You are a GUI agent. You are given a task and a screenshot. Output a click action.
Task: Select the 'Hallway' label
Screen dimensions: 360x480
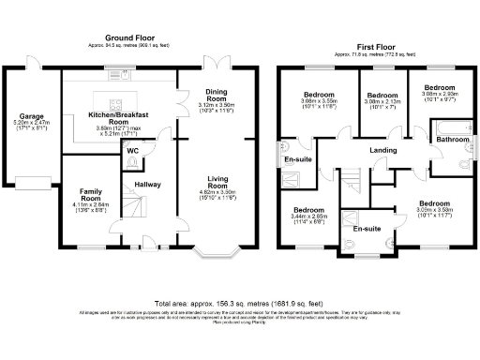click(147, 185)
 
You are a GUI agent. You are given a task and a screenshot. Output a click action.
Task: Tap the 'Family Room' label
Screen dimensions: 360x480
click(90, 194)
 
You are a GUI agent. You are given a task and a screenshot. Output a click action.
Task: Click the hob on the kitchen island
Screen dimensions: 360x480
click(116, 104)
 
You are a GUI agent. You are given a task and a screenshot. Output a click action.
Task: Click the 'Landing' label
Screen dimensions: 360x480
click(382, 150)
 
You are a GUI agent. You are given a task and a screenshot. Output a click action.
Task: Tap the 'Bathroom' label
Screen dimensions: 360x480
click(453, 140)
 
